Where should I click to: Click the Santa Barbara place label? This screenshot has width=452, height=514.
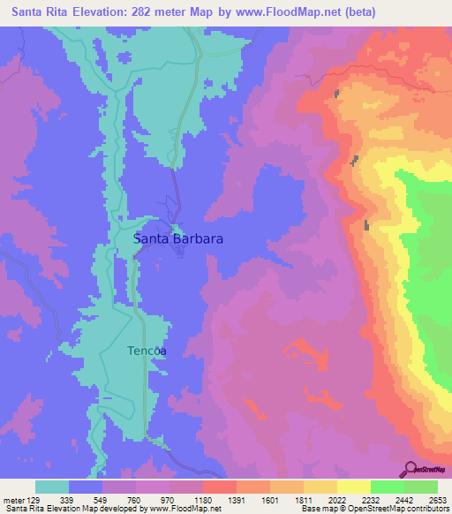tap(177, 238)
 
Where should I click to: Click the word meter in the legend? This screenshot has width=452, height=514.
tap(12, 500)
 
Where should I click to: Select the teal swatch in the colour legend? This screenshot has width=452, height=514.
tap(52, 487)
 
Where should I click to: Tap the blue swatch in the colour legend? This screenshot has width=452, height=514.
tap(86, 487)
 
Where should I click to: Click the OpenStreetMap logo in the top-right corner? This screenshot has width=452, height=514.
tap(427, 86)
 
